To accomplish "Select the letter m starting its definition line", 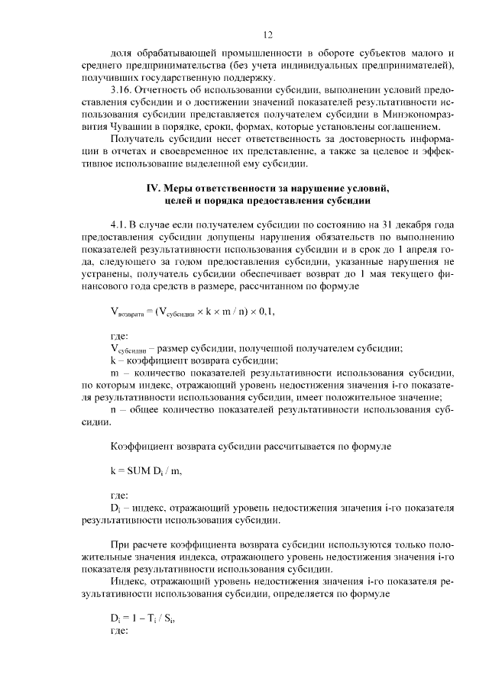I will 115,373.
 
